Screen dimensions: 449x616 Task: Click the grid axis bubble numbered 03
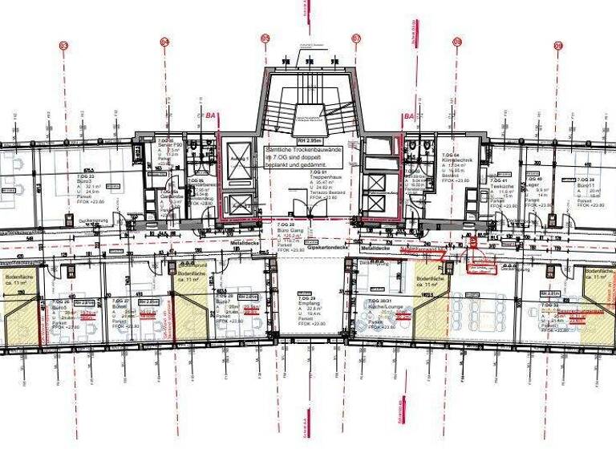click(63, 47)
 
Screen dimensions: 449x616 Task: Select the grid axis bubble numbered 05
click(265, 38)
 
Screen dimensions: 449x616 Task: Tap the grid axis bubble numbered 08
click(457, 40)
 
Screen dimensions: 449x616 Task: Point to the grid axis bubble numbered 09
click(557, 47)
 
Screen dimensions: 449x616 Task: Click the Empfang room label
click(306, 303)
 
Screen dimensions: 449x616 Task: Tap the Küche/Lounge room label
click(376, 306)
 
